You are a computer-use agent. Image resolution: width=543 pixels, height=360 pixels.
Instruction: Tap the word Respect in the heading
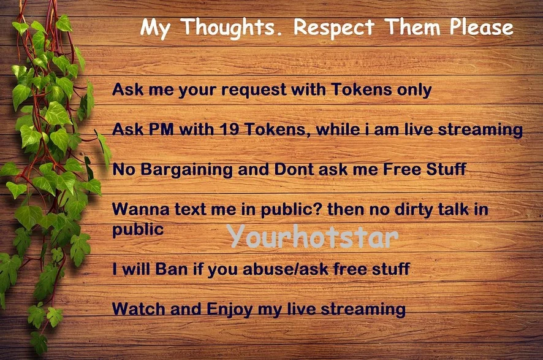click(x=334, y=28)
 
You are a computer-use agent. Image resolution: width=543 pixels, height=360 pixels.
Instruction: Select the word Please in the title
click(x=481, y=27)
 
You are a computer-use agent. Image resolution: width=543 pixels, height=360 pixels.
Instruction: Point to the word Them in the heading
click(x=412, y=27)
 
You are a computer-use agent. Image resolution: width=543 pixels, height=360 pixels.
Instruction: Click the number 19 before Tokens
click(x=230, y=129)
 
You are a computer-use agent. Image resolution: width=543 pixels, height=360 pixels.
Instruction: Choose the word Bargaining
click(x=186, y=170)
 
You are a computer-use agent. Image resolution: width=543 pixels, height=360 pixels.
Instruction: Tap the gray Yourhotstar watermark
click(x=314, y=236)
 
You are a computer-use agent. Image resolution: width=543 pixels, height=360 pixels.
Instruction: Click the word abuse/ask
click(x=286, y=269)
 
